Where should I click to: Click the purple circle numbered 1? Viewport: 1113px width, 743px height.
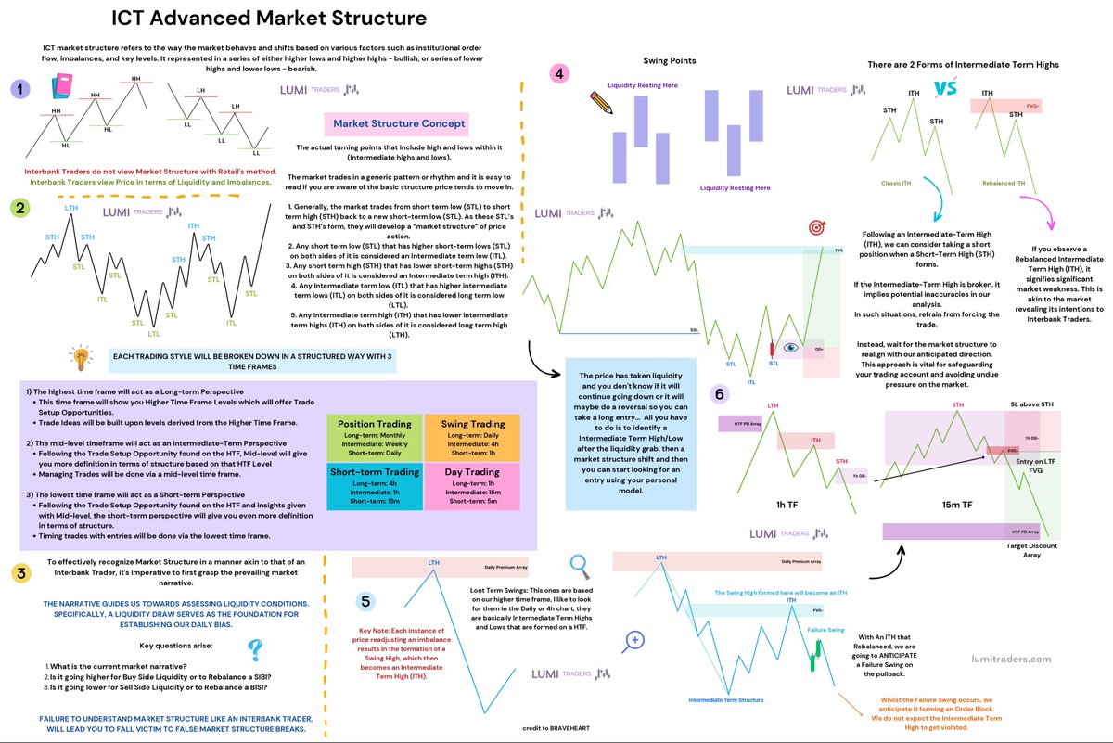pyautogui.click(x=20, y=89)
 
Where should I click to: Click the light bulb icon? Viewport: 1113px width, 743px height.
pyautogui.click(x=82, y=358)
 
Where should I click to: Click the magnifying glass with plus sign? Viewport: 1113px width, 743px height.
pyautogui.click(x=635, y=640)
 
